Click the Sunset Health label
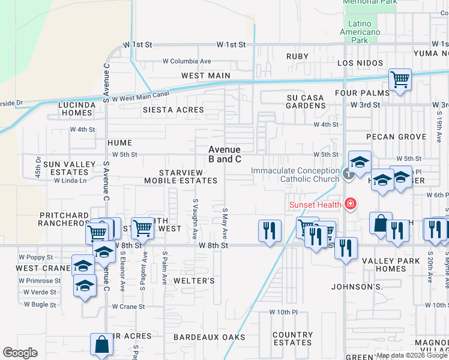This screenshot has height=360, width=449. tap(315, 205)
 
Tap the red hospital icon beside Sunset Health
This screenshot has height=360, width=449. tap(349, 205)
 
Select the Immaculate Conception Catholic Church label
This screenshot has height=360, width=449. tap(295, 175)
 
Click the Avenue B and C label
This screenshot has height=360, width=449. tap(224, 154)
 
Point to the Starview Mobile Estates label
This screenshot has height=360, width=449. tap(181, 176)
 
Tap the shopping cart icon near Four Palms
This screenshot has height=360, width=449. tap(399, 80)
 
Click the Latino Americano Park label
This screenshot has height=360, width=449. tap(360, 36)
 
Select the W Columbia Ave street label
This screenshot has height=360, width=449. tap(187, 61)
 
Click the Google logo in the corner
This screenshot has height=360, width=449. tap(20, 353)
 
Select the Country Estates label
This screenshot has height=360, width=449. tap(292, 339)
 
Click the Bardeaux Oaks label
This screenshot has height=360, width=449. tap(209, 337)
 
